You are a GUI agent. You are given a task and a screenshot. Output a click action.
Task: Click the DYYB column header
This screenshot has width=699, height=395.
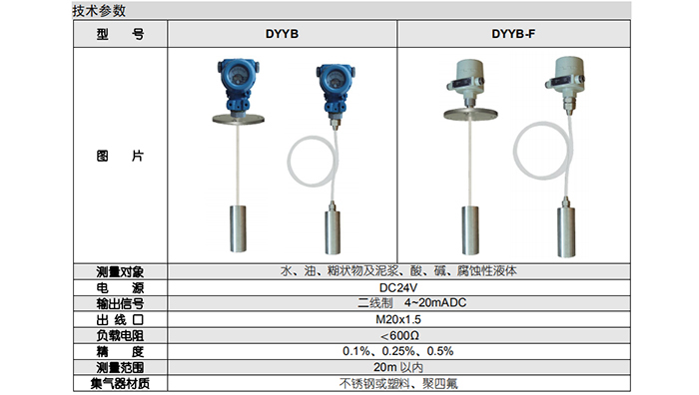[x=282, y=34]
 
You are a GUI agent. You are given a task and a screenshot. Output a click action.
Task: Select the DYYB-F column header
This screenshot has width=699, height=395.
[x=513, y=34]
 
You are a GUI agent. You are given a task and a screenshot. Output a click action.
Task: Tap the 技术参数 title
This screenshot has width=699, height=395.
[x=99, y=11]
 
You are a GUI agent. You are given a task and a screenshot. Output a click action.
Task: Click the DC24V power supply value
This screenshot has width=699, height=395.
[x=398, y=287]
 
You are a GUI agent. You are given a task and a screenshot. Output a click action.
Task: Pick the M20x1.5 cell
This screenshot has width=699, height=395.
[x=398, y=319]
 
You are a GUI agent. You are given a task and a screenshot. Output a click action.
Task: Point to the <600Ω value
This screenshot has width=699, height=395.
[x=399, y=335]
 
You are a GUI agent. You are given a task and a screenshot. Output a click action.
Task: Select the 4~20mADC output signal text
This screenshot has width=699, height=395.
[x=435, y=303]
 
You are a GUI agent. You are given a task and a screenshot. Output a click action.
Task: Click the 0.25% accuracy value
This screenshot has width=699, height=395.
[x=398, y=351]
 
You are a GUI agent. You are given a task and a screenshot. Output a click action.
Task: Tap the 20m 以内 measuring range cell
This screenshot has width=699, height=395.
[x=398, y=367]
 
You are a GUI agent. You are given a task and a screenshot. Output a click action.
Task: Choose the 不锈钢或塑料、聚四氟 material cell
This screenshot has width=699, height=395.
[x=398, y=383]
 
